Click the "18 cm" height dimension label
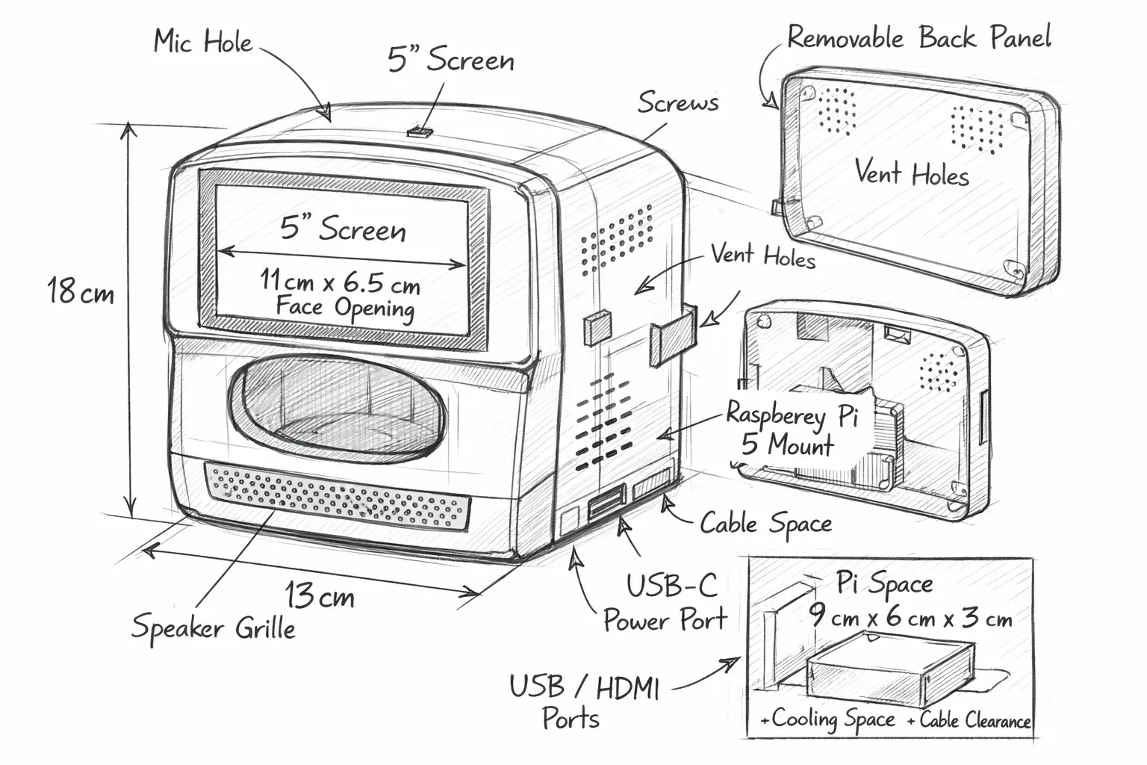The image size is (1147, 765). click(81, 291)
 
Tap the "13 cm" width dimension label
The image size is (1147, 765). click(320, 595)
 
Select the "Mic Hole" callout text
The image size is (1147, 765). click(203, 41)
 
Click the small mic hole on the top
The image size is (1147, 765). click(420, 133)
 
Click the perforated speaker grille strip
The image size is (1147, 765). click(338, 495)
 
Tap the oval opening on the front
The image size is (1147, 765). click(337, 408)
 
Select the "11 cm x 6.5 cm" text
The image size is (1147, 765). click(340, 282)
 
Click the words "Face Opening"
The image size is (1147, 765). click(345, 308)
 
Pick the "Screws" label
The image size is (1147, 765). click(678, 102)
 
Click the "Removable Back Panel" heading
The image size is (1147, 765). click(919, 37)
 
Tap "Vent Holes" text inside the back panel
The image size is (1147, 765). click(912, 172)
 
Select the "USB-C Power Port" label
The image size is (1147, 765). click(665, 603)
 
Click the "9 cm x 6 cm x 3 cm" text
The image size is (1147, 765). click(910, 617)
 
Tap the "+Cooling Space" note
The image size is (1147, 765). click(827, 719)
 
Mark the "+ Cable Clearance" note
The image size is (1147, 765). click(969, 720)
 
